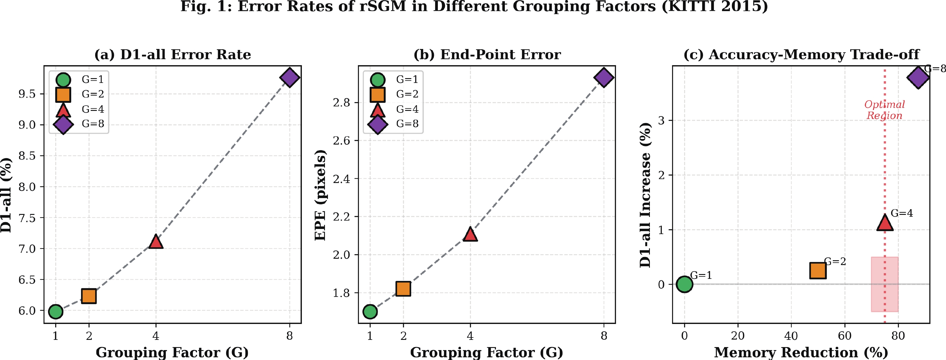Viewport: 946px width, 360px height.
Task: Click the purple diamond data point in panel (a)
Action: pos(290,78)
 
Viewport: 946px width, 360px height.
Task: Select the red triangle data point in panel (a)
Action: pos(156,242)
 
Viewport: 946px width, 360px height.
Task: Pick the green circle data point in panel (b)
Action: pos(370,312)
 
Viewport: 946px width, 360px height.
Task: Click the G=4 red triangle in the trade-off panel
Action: pos(885,223)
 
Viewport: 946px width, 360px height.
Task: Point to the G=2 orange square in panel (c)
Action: pos(818,271)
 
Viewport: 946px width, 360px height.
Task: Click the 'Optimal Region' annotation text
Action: pos(884,110)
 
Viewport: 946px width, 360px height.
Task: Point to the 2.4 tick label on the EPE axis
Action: pos(341,179)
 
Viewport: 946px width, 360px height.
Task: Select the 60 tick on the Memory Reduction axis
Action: pos(844,336)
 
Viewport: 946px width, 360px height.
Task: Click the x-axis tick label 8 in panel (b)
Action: pos(604,336)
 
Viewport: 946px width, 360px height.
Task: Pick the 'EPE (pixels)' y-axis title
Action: pos(320,195)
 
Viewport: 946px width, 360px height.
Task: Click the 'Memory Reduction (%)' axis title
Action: pos(801,352)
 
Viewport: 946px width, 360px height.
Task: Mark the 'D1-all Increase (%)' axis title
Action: pos(645,195)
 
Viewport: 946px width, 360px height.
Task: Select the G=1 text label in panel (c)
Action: pos(701,275)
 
